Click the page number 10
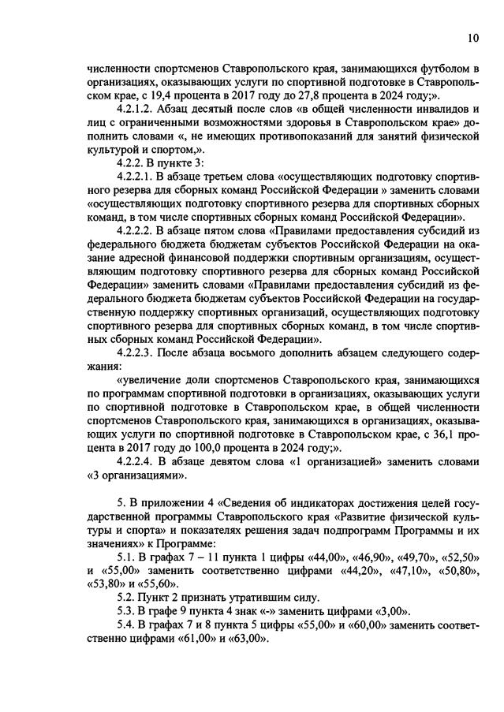coord(472,36)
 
